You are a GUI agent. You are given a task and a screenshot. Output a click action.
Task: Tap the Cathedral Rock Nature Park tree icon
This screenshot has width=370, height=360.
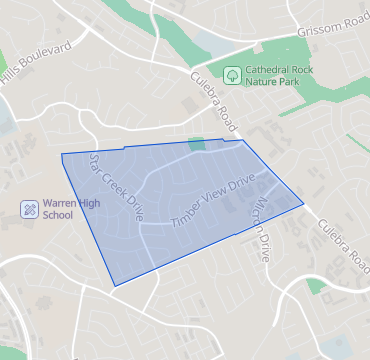(x=232, y=74)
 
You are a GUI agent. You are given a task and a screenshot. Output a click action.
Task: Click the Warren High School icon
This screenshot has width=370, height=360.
(x=30, y=209)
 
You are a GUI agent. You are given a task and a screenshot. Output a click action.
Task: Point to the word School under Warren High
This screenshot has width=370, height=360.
(x=60, y=216)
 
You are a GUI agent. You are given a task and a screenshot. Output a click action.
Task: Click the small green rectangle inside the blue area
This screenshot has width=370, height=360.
(x=196, y=146)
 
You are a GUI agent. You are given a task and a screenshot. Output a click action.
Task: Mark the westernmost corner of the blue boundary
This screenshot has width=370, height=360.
(x=62, y=155)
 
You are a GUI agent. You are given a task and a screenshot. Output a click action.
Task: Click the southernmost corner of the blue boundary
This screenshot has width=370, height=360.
(x=115, y=286)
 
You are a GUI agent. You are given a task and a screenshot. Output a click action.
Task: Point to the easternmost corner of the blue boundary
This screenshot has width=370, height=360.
(x=303, y=205)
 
